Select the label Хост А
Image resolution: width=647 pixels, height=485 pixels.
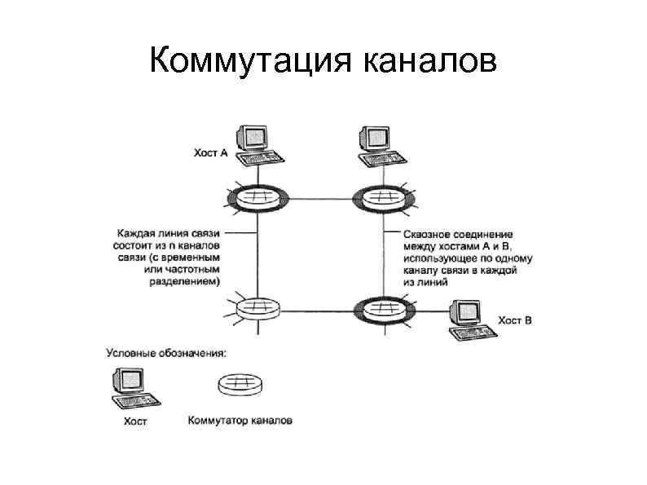(x=210, y=152)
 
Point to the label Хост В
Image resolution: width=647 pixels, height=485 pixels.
(x=515, y=320)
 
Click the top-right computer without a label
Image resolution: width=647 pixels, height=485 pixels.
(x=379, y=145)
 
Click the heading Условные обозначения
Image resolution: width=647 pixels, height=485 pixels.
(x=166, y=352)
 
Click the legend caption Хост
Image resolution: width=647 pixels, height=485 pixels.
(x=134, y=422)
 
